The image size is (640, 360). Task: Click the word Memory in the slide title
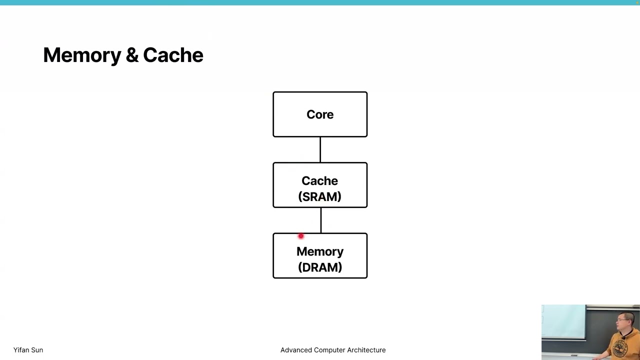tap(82, 55)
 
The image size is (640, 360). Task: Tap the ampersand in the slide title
tap(132, 55)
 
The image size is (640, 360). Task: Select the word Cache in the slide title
tap(173, 55)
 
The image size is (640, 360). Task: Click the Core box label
tap(320, 114)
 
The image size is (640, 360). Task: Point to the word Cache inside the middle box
tap(319, 181)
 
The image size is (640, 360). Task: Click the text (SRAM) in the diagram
tap(319, 197)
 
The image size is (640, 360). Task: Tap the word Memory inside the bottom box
tap(320, 251)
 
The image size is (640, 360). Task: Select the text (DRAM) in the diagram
tap(320, 267)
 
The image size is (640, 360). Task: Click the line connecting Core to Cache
tap(320, 149)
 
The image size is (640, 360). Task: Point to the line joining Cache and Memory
tap(320, 220)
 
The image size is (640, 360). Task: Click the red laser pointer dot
tap(300, 236)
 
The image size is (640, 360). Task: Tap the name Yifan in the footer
tap(21, 350)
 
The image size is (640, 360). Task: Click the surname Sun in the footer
tap(37, 350)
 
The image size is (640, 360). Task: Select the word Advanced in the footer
tap(296, 350)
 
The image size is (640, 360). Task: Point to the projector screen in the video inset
tap(563, 322)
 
